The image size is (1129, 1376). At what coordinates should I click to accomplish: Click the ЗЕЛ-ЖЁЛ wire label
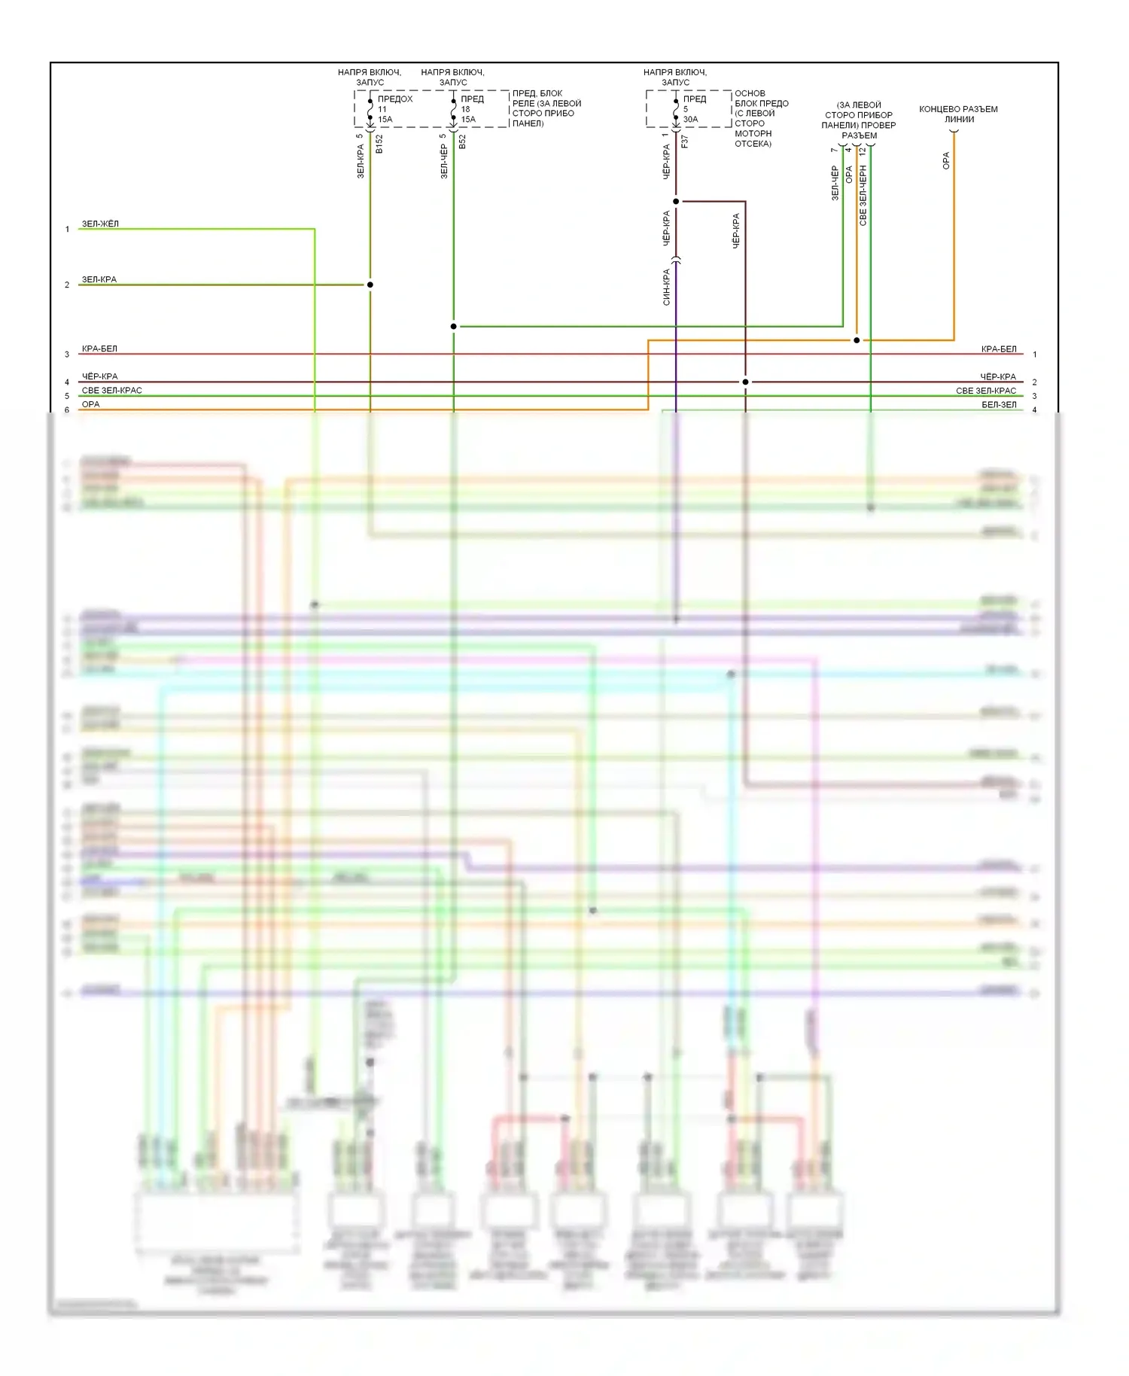click(x=100, y=224)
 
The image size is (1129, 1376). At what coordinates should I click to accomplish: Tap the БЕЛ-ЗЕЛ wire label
click(x=999, y=405)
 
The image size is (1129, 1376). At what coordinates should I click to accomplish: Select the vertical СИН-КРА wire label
click(x=666, y=288)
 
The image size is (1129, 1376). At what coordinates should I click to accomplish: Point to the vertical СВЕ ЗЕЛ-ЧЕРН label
click(x=863, y=196)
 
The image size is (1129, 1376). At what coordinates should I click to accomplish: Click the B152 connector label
click(x=379, y=144)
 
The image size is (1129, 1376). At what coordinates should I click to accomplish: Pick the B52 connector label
click(x=462, y=142)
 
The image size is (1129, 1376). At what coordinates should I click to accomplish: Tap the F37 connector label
click(x=684, y=141)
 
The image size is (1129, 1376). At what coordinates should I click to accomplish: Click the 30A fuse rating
click(x=690, y=119)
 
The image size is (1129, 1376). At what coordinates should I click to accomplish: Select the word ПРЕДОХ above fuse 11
click(x=395, y=99)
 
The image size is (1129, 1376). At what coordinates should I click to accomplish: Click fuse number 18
click(x=465, y=109)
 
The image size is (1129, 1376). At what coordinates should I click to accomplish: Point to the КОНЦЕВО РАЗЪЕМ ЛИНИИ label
click(x=958, y=114)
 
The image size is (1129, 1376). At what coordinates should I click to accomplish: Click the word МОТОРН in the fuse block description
click(x=753, y=133)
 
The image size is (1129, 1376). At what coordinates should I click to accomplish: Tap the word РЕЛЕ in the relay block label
click(x=524, y=103)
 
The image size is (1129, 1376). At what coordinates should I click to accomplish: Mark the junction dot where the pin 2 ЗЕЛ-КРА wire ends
click(x=370, y=285)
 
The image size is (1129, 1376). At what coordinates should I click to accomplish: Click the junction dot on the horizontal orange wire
click(x=857, y=340)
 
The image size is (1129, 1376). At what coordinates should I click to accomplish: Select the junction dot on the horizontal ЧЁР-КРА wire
click(x=745, y=382)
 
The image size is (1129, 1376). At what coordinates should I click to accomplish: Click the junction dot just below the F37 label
click(x=676, y=201)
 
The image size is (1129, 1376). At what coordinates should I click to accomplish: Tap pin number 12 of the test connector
click(x=863, y=151)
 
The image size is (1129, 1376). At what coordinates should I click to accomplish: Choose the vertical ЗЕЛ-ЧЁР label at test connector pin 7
click(x=835, y=183)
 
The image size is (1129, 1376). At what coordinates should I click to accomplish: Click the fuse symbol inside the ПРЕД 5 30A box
click(x=676, y=110)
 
